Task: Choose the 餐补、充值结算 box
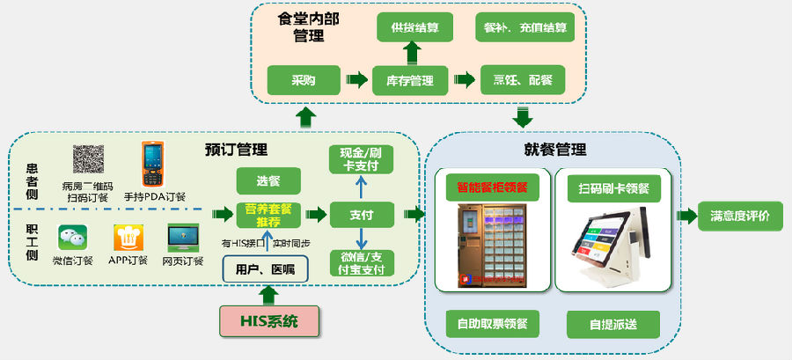point(524,27)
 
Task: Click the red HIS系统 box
point(268,320)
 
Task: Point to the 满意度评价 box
point(740,216)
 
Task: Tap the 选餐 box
point(268,180)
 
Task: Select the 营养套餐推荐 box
point(268,216)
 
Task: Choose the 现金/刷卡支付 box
point(362,159)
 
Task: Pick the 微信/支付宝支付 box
point(362,263)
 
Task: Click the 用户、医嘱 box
point(265,268)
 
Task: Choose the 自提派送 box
point(612,323)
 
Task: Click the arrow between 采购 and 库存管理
point(356,80)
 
